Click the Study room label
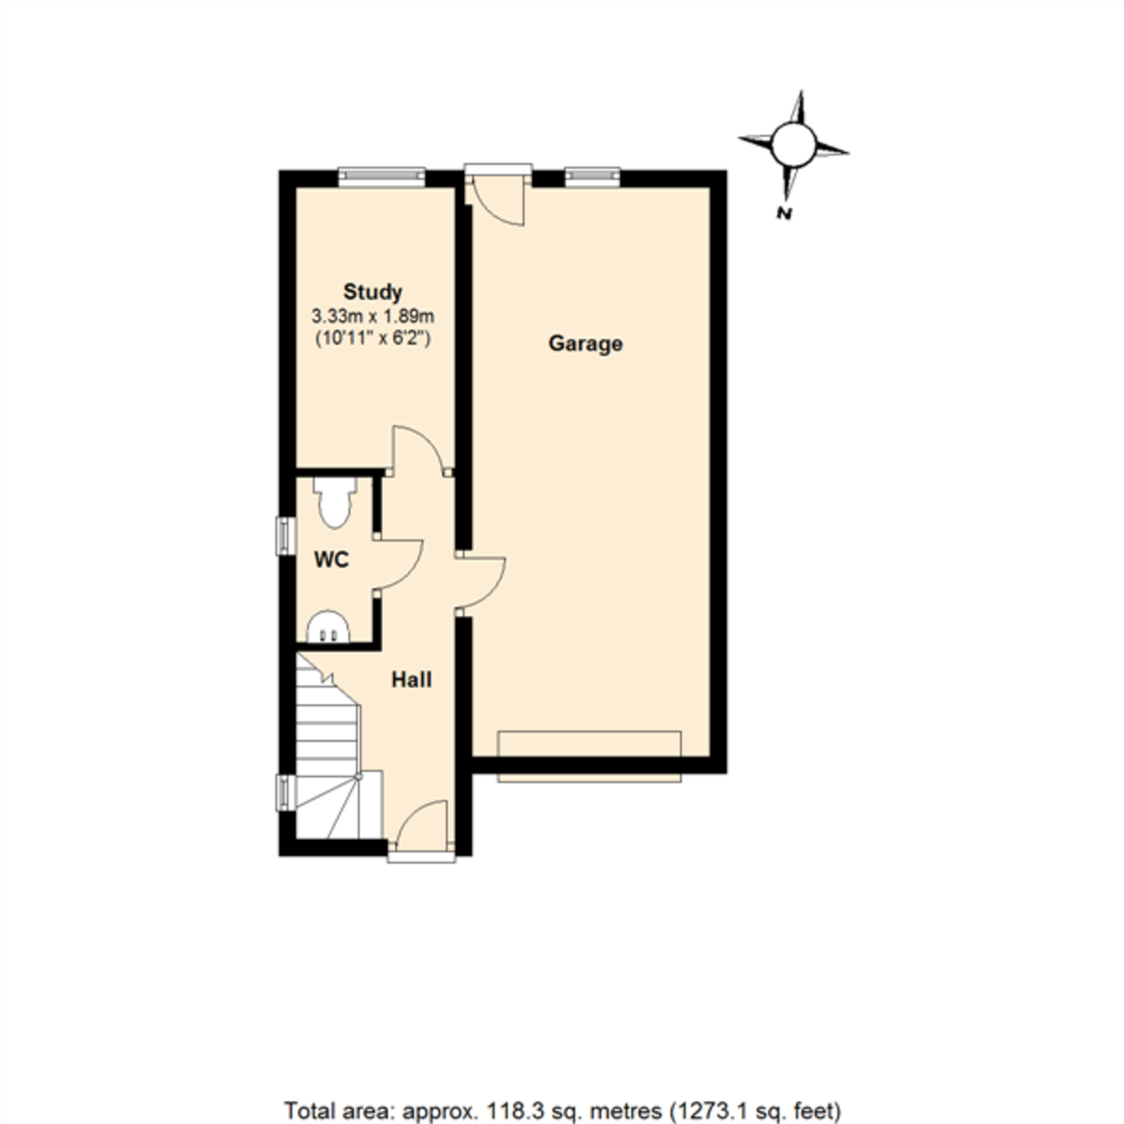[x=372, y=291]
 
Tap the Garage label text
[x=585, y=344]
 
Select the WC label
[x=332, y=560]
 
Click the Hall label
[x=411, y=680]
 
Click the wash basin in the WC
[x=328, y=628]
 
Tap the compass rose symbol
[x=794, y=143]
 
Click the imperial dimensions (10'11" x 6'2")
[x=372, y=339]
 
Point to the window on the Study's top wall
[x=381, y=175]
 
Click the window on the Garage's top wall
[x=592, y=175]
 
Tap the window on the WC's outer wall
[x=282, y=536]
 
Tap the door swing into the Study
[x=419, y=450]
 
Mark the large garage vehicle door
[x=589, y=757]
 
